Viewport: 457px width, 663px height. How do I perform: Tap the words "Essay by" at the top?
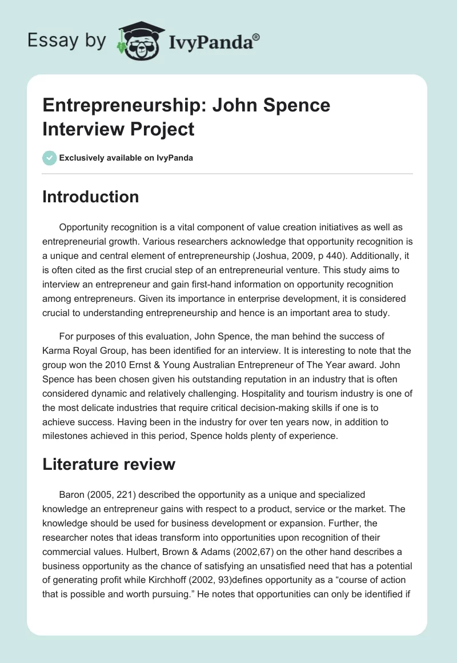click(x=66, y=41)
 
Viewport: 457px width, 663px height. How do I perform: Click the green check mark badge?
click(x=50, y=158)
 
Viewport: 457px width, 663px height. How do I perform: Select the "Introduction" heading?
click(x=90, y=197)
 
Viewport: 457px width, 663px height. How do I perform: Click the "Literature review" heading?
click(x=109, y=465)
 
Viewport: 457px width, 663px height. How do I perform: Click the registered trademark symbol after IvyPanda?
click(x=256, y=38)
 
